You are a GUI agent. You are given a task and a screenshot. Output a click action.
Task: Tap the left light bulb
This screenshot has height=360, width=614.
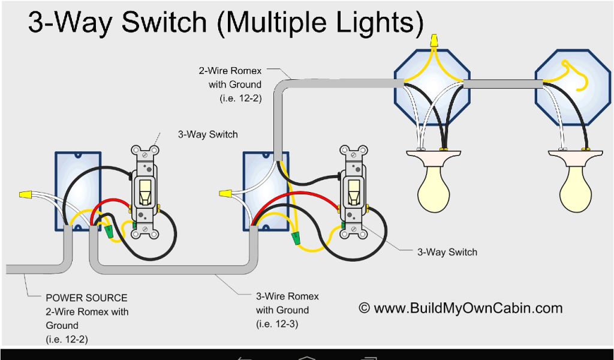pos(433,189)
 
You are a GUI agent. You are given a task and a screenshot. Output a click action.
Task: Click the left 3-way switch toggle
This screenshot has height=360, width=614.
pos(145,191)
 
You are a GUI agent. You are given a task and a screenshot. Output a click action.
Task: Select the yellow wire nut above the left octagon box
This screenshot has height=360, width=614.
pos(434,41)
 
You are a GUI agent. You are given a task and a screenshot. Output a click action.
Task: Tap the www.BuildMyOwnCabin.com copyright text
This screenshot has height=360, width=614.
pos(460,308)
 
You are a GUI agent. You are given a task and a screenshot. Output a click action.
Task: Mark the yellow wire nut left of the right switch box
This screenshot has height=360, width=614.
pos(225,194)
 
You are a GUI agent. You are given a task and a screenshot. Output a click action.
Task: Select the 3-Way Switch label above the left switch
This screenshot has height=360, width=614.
pos(207,134)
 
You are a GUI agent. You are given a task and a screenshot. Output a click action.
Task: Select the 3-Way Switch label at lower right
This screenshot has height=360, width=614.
pos(447,252)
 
